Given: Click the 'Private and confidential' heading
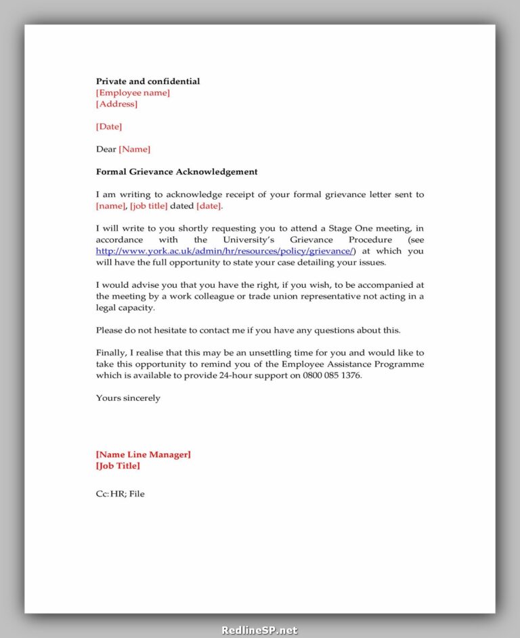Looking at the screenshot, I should coord(148,81).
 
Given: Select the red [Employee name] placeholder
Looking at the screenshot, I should coord(133,93).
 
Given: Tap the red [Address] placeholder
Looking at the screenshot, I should coord(116,104).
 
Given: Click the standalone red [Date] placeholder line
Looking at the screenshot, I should coord(109,127).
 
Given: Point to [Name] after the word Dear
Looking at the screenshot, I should coord(135,149).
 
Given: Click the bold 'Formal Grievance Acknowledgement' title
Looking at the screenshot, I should coord(177,172).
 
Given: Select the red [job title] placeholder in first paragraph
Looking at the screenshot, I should coord(148,206).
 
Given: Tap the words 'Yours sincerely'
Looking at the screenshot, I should coord(128,398).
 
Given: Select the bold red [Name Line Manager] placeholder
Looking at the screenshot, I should coord(143,454).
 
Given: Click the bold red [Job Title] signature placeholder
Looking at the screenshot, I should coord(118,466).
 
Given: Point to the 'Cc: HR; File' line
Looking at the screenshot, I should coord(120,494).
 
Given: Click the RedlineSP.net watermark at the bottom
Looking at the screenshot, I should coord(259,630).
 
